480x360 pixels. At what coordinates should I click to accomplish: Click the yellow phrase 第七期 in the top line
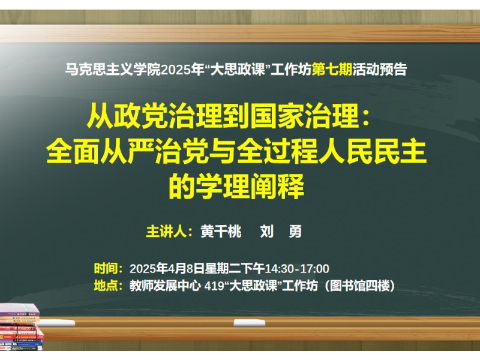pyautogui.click(x=332, y=70)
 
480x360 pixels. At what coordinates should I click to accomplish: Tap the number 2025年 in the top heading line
pyautogui.click(x=182, y=70)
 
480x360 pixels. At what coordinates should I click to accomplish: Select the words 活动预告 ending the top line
pyautogui.click(x=380, y=70)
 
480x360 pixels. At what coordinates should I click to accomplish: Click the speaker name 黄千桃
pyautogui.click(x=221, y=232)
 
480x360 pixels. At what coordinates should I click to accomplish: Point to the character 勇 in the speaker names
pyautogui.click(x=295, y=232)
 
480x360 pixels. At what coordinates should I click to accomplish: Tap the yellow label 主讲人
pyautogui.click(x=166, y=232)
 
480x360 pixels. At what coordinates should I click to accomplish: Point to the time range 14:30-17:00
pyautogui.click(x=296, y=269)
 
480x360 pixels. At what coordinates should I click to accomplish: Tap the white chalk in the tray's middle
pyautogui.click(x=250, y=323)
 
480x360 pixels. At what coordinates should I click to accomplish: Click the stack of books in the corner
pyautogui.click(x=21, y=327)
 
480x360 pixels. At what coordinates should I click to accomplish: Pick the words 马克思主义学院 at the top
pyautogui.click(x=113, y=70)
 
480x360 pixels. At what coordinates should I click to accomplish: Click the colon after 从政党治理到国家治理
pyautogui.click(x=365, y=118)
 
